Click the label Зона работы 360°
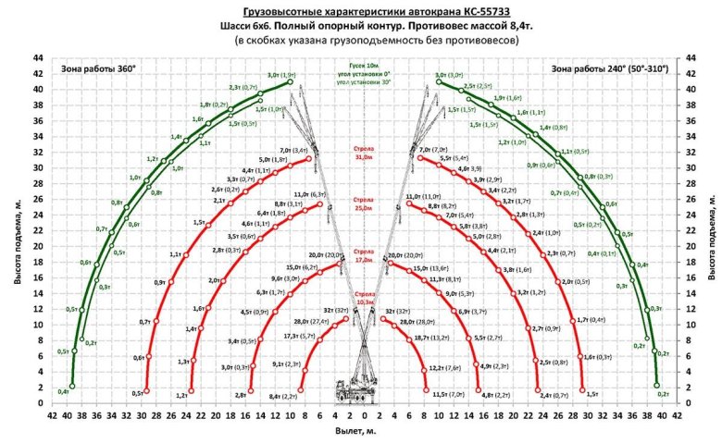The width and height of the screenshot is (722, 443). click(98, 68)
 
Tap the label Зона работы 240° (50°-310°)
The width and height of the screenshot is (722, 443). click(609, 68)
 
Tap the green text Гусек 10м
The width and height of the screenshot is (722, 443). click(361, 67)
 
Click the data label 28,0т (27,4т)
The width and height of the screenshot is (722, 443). click(311, 321)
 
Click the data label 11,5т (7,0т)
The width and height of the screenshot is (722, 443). click(449, 395)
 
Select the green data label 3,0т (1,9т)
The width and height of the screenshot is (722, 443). click(281, 74)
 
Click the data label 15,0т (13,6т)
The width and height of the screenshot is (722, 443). click(429, 268)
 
